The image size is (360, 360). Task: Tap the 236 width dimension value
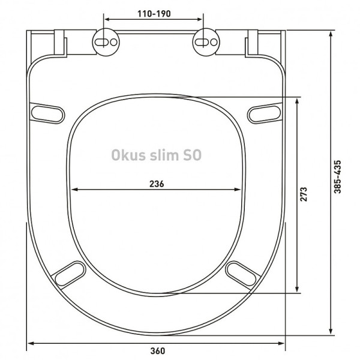click(x=157, y=183)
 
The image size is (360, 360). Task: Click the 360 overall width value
click(x=157, y=351)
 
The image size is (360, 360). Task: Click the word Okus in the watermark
click(x=127, y=155)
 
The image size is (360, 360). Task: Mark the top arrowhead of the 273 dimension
click(x=298, y=100)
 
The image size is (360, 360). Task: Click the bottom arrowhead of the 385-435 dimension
click(x=331, y=331)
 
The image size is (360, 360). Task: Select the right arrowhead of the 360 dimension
click(x=282, y=343)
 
